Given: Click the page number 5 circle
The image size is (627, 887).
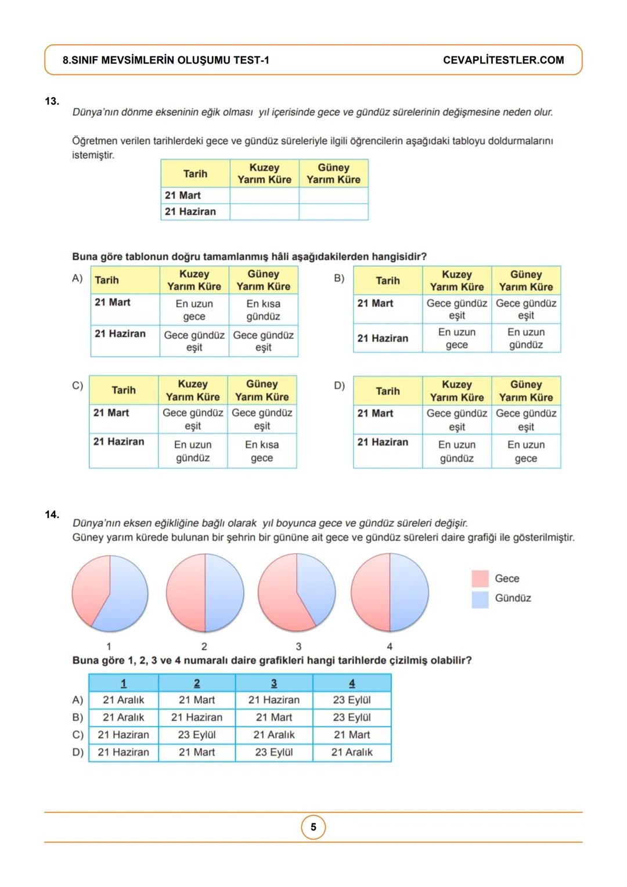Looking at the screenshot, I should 313,827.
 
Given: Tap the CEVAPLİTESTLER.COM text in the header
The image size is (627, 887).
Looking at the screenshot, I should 503,60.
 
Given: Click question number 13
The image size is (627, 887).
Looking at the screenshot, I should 52,101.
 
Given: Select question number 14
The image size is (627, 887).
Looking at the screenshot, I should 52,515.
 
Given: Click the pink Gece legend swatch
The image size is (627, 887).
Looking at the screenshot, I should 480,579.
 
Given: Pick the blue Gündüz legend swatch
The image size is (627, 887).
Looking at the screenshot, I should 480,599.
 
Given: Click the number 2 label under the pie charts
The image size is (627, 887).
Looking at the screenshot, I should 204,647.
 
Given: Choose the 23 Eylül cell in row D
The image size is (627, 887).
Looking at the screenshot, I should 274,752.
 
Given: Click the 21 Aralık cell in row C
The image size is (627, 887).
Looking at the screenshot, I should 274,735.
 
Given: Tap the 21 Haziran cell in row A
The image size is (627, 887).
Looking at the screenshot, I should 274,700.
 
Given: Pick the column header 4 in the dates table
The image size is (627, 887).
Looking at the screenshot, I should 352,683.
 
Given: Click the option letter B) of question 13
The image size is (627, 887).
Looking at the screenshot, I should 339,278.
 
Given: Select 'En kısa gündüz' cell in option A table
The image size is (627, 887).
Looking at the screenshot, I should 263,310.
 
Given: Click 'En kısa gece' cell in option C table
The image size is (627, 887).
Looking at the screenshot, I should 262,451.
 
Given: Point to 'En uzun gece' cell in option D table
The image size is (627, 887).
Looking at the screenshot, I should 526,452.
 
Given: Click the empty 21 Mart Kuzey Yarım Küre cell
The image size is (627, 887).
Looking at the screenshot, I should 264,196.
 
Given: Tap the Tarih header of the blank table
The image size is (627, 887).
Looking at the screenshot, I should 195,174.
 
